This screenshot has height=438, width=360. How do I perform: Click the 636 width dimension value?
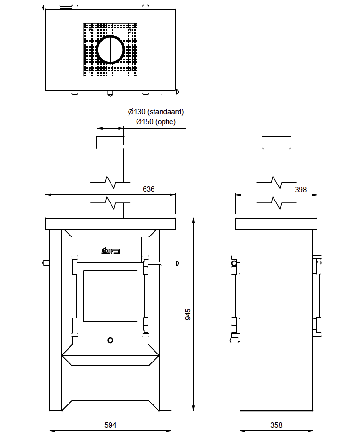click(x=148, y=189)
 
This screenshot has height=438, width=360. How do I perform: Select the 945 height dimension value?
click(x=188, y=314)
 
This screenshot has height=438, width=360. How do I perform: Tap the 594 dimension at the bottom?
click(x=110, y=425)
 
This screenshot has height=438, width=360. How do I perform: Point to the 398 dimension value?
click(x=300, y=189)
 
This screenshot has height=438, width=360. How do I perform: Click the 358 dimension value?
click(x=276, y=425)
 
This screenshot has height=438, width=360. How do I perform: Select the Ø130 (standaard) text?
click(x=156, y=112)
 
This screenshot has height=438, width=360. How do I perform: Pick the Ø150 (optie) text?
click(x=156, y=122)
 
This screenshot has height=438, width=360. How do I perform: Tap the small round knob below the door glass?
click(x=110, y=340)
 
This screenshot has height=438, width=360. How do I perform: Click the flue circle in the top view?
click(x=111, y=49)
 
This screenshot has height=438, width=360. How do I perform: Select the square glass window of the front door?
click(x=110, y=295)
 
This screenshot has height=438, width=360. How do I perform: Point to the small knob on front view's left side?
click(x=46, y=262)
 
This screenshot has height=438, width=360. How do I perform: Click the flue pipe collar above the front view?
click(x=110, y=142)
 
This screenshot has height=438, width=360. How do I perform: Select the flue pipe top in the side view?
click(x=276, y=142)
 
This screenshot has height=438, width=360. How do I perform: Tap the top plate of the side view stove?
click(x=276, y=224)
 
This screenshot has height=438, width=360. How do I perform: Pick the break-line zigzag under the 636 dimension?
click(x=111, y=203)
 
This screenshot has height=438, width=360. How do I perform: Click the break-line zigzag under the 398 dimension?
click(x=276, y=203)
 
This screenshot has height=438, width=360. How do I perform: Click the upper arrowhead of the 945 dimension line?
click(x=193, y=220)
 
